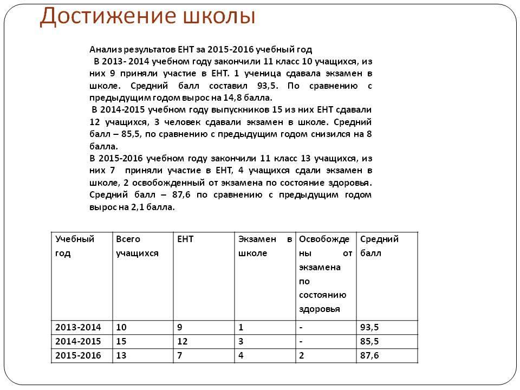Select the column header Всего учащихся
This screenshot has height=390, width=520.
[x=137, y=246]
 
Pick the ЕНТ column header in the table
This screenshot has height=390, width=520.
[x=185, y=239]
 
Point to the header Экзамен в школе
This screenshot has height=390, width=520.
[x=264, y=246]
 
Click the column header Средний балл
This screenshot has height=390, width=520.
[x=379, y=246]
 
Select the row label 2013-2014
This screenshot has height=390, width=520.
[x=78, y=327]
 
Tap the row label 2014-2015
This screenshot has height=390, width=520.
[x=78, y=341]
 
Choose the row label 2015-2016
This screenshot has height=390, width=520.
[x=78, y=355]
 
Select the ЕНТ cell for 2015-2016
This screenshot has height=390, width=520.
[x=180, y=355]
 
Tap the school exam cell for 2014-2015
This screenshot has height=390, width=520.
[x=241, y=341]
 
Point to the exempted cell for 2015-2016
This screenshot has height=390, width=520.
[x=302, y=355]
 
